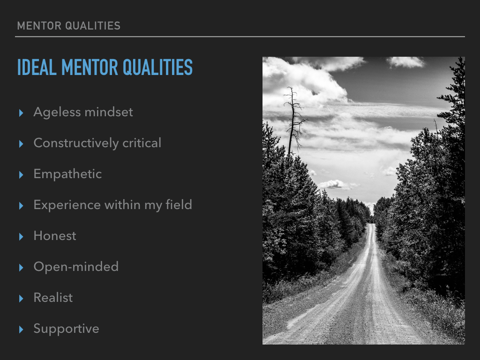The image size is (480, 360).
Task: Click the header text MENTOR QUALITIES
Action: pyautogui.click(x=69, y=26)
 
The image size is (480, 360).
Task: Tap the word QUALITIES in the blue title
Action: pyautogui.click(x=157, y=67)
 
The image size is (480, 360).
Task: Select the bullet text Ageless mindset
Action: pyautogui.click(x=83, y=112)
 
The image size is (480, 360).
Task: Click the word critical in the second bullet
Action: pyautogui.click(x=142, y=143)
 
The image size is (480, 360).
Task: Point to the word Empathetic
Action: pyautogui.click(x=67, y=174)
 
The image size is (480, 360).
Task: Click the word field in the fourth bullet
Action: pyautogui.click(x=179, y=204)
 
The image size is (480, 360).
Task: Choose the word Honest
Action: pyautogui.click(x=55, y=236)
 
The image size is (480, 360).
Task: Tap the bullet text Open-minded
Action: pyautogui.click(x=76, y=267)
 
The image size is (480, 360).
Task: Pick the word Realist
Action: pyautogui.click(x=53, y=298)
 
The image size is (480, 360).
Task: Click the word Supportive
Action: pyautogui.click(x=67, y=329)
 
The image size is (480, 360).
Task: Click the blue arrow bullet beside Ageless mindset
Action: pyautogui.click(x=21, y=113)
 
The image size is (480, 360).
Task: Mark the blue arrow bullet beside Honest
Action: pyautogui.click(x=21, y=237)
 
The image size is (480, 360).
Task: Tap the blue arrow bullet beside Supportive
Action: pyautogui.click(x=21, y=330)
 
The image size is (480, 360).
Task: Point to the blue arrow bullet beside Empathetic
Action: pyautogui.click(x=21, y=175)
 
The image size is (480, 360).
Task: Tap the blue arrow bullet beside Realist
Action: pyautogui.click(x=21, y=299)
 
